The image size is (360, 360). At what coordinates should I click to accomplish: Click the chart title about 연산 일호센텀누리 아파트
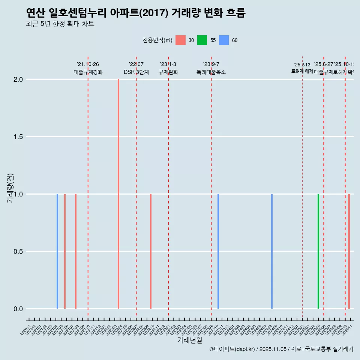click(136, 13)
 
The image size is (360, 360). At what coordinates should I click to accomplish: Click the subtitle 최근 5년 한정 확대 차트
click(60, 24)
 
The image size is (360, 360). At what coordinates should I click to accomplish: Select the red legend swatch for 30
click(180, 40)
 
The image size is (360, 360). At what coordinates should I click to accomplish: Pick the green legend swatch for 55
click(202, 40)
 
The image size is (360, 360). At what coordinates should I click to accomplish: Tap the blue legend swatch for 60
click(224, 40)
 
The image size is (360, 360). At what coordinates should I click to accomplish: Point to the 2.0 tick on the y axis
click(19, 79)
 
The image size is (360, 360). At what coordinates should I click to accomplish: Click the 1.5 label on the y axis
click(19, 137)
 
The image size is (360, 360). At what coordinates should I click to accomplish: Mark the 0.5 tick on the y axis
click(19, 252)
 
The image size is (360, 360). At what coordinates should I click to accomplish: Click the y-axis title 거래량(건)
click(10, 188)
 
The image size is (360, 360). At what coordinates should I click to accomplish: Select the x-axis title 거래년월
click(189, 340)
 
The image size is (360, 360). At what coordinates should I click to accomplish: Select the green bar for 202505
click(318, 251)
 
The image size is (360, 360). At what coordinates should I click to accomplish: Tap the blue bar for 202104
click(57, 251)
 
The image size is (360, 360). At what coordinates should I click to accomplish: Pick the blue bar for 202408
click(272, 251)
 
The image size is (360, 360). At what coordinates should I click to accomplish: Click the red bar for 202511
click(349, 251)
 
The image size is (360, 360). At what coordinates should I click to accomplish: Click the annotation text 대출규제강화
click(88, 72)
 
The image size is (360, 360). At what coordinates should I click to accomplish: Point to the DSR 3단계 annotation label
click(136, 72)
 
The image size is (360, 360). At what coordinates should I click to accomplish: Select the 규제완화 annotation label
click(168, 72)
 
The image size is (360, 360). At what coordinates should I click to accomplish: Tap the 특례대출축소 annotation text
click(211, 72)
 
